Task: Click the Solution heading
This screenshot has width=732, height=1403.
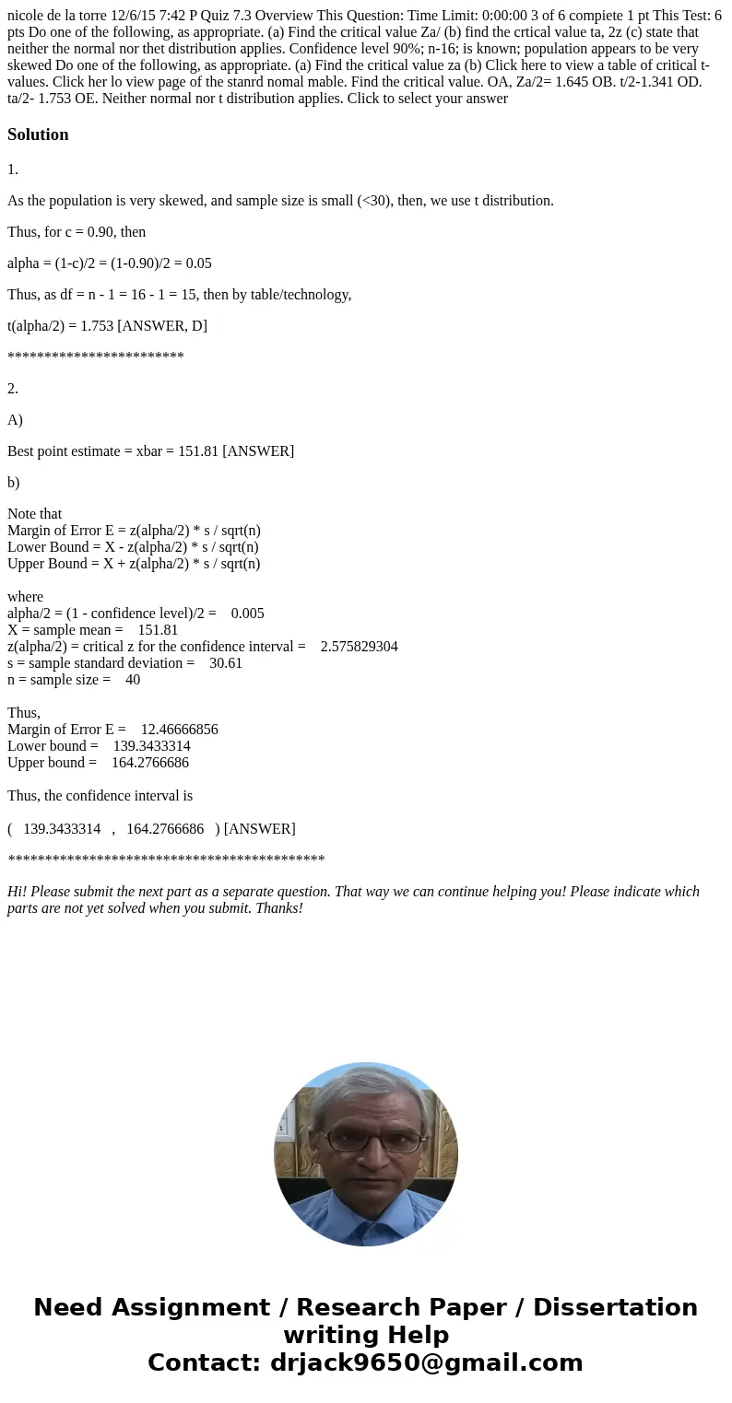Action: tap(38, 134)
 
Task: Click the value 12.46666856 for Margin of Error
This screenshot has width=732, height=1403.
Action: tap(179, 730)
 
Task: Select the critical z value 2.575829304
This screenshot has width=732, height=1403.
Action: tap(359, 647)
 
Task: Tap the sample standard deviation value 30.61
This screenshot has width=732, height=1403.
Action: tap(226, 663)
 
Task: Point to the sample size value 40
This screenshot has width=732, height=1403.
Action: tap(133, 680)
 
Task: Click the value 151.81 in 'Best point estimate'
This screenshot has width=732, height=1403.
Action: tap(197, 451)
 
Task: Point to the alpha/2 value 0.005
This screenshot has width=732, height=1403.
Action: tap(247, 614)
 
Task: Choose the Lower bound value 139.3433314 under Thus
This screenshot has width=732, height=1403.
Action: tap(151, 746)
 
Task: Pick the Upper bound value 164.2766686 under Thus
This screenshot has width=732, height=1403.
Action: tap(150, 763)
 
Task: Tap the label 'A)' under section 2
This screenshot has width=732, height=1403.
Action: tap(15, 420)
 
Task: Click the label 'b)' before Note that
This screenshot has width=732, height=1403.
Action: tap(14, 483)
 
